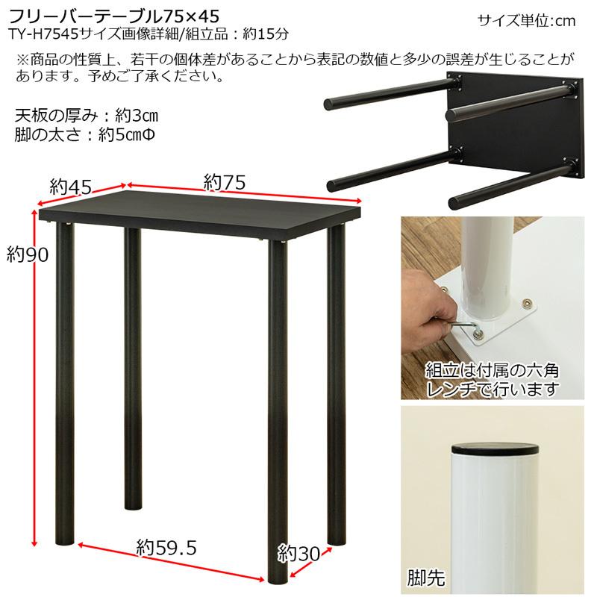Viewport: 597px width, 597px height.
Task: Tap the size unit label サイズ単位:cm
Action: click(x=526, y=20)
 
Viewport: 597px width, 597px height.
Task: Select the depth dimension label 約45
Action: click(x=70, y=187)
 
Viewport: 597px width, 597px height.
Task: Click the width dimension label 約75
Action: click(x=225, y=181)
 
